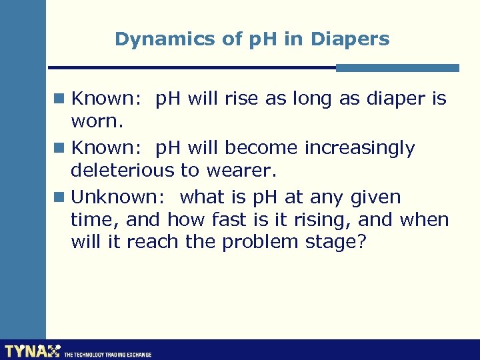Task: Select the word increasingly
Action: (x=360, y=148)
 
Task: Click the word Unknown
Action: (x=119, y=197)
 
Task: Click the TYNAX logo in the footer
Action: (x=32, y=351)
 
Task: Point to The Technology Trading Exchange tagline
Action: (x=107, y=355)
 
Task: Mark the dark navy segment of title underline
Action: (x=193, y=67)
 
